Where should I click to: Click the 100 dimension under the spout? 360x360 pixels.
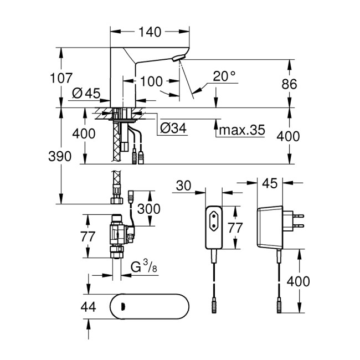point(151,81)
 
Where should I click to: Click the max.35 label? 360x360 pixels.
point(240,131)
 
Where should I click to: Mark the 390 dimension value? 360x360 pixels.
point(60,156)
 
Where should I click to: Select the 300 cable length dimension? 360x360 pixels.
point(149,208)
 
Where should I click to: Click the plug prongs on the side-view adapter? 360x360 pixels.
point(299,220)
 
